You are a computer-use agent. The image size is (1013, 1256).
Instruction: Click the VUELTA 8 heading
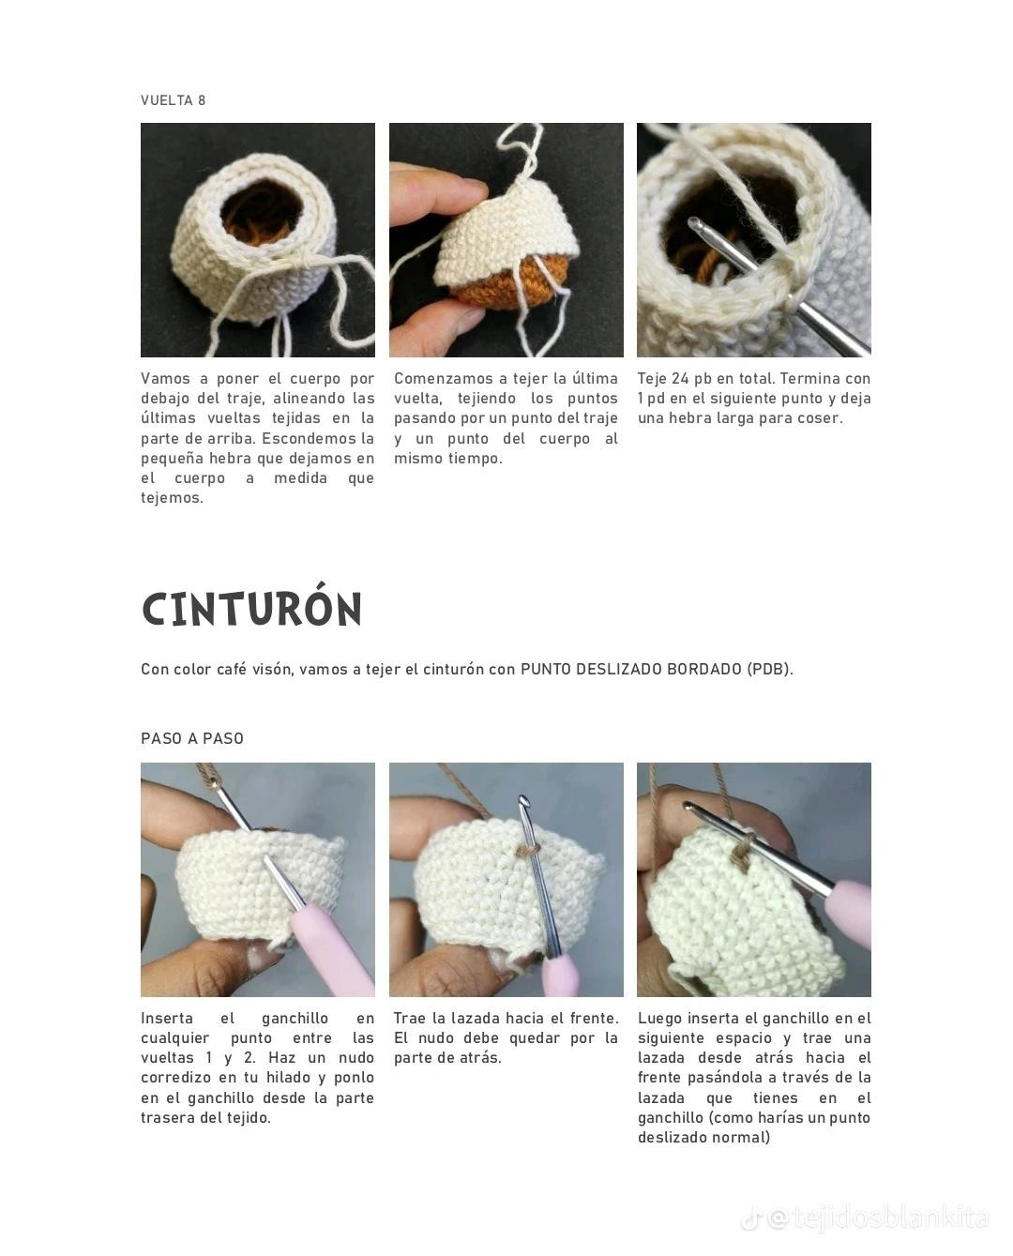[173, 100]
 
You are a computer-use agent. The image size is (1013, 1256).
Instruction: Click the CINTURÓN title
[251, 610]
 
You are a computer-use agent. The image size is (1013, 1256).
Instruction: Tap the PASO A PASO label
[192, 738]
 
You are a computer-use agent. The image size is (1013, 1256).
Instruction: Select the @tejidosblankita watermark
[877, 1218]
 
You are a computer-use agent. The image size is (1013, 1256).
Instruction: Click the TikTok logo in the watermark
[750, 1219]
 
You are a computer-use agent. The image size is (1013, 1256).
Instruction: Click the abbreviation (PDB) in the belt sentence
[769, 669]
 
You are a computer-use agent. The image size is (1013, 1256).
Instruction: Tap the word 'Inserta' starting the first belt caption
[167, 1019]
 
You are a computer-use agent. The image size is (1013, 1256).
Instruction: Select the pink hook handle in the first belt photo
[324, 947]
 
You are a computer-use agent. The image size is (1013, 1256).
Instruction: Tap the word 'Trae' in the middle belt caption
[411, 1019]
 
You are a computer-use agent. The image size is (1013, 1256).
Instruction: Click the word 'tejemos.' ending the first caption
[172, 498]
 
